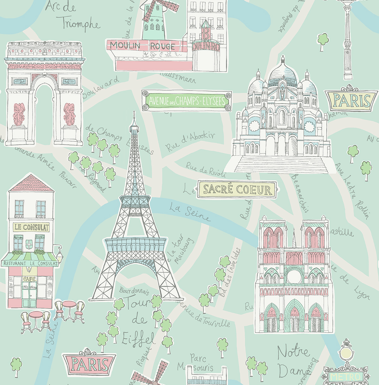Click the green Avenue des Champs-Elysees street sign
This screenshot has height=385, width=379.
coord(187,101)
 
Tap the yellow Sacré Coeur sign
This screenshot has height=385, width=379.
coord(237,190)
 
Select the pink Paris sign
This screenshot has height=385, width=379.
coord(90,364)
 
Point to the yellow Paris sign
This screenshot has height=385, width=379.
coord(352,101)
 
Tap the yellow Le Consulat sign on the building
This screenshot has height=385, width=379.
coord(31,227)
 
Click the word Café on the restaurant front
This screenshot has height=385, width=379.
coord(29,279)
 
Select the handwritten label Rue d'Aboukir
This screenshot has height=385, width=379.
coord(190,141)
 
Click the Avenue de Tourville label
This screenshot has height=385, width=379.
coord(204,313)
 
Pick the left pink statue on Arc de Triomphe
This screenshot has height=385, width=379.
coord(19,114)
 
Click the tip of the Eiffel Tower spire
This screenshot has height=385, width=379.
coord(134,112)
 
